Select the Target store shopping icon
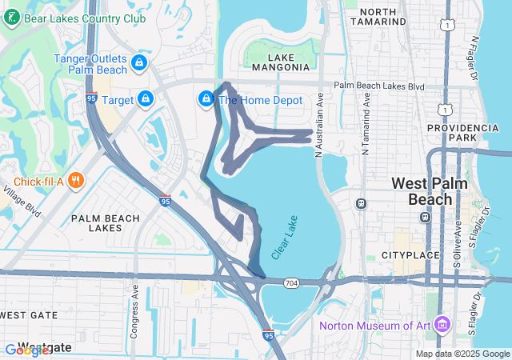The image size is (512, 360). [x=145, y=99]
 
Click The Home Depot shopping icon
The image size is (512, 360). [x=206, y=99]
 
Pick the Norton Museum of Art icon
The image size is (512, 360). [x=442, y=325]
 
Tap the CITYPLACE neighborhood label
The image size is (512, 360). [x=411, y=255]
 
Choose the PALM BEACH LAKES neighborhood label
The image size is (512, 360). [x=106, y=222]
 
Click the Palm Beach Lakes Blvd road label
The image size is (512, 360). [x=379, y=85]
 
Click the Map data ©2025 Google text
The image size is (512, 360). [x=462, y=354]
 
